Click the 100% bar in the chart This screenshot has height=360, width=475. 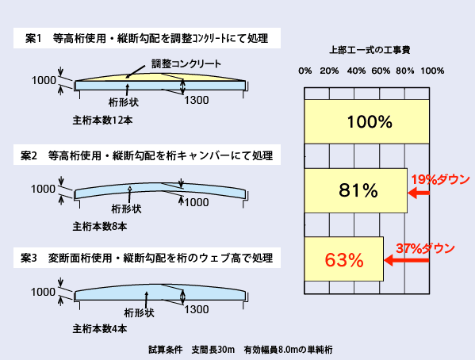pyautogui.click(x=367, y=121)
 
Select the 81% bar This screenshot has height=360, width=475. pyautogui.click(x=356, y=190)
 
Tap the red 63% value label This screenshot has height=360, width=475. pyautogui.click(x=344, y=260)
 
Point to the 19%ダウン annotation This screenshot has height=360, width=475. pyautogui.click(x=440, y=180)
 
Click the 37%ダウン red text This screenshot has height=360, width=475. pyautogui.click(x=425, y=248)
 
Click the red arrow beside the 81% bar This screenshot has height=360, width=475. pyautogui.click(x=419, y=193)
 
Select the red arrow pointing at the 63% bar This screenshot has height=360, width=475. pyautogui.click(x=407, y=260)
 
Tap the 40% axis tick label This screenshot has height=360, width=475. pyautogui.click(x=356, y=71)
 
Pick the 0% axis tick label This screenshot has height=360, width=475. pyautogui.click(x=305, y=71)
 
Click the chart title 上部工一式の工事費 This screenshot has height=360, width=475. pyautogui.click(x=370, y=50)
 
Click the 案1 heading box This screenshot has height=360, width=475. pyautogui.click(x=147, y=38)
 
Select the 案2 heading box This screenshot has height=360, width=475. pyautogui.click(x=147, y=155)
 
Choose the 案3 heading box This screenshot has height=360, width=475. pyautogui.click(x=147, y=258)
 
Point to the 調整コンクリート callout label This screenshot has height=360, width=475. pyautogui.click(x=186, y=63)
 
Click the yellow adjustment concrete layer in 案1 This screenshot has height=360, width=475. pyautogui.click(x=160, y=78)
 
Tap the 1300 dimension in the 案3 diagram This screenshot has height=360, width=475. pyautogui.click(x=197, y=309)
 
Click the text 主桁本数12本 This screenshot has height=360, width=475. pyautogui.click(x=102, y=121)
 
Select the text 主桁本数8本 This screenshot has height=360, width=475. pyautogui.click(x=100, y=226)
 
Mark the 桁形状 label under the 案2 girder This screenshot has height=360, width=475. pyautogui.click(x=126, y=209)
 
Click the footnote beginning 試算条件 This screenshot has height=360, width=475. pyautogui.click(x=240, y=350)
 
